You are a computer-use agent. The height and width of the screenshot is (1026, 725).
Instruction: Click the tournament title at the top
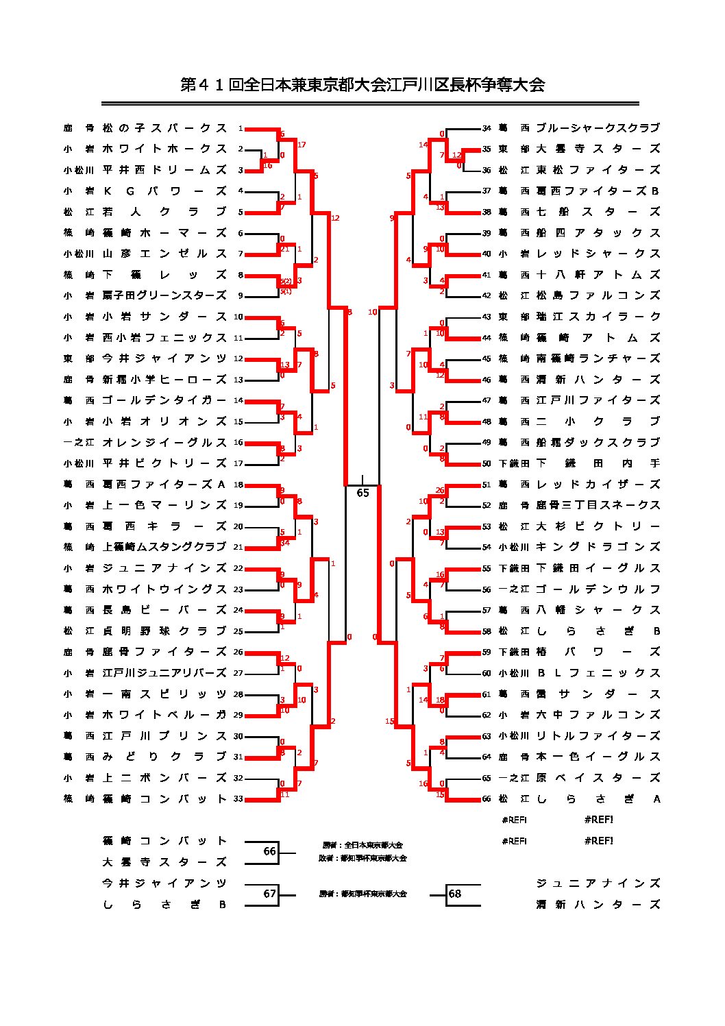coord(362,85)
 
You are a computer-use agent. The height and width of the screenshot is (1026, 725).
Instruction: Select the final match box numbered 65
coord(362,493)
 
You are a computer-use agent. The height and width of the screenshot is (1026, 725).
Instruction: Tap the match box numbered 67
coord(269,894)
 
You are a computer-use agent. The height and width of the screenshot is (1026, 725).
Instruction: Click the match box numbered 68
coord(455,894)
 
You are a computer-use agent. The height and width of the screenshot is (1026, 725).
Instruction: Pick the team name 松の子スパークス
coord(164,128)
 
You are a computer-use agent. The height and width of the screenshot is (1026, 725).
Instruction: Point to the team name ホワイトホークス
coord(164,149)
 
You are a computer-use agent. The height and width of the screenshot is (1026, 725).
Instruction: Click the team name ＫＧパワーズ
coord(164,191)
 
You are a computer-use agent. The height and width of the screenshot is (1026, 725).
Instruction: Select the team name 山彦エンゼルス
coord(164,254)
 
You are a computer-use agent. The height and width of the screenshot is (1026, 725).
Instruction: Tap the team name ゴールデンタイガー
coord(164,400)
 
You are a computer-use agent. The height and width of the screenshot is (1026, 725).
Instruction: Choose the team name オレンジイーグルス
coord(164,442)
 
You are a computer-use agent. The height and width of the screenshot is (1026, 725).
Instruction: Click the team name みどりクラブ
coord(164,757)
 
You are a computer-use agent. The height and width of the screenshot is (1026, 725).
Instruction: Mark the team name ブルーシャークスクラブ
coord(598,128)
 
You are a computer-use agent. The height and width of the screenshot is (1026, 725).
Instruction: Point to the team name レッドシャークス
coord(598,254)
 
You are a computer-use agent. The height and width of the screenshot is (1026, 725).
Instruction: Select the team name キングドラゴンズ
coord(598,547)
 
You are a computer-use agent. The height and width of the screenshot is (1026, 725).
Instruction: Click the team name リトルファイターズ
coord(598,736)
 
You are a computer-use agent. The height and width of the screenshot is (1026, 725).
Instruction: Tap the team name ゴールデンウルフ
coord(598,589)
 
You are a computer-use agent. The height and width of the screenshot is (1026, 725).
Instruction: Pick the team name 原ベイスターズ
coord(598,778)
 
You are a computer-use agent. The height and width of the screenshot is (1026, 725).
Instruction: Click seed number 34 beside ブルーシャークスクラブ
coord(487,128)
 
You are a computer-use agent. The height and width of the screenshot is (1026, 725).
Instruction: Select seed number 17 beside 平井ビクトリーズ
coord(238,463)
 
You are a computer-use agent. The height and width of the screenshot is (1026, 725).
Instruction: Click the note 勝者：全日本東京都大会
coord(362,845)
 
